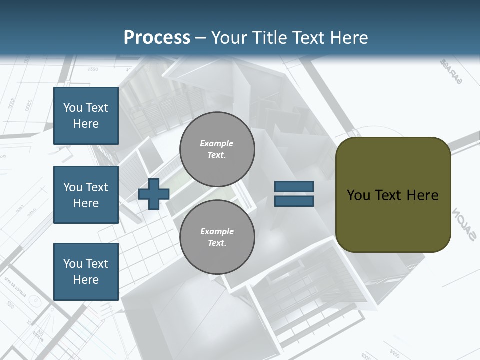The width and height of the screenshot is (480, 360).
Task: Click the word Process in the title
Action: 157,38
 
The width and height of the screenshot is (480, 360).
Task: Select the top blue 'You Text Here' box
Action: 86,116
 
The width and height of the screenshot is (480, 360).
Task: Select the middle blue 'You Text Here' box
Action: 86,195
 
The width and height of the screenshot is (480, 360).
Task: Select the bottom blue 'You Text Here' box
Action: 86,271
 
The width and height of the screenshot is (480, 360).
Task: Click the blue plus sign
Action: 153,194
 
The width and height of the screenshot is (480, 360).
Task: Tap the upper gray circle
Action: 217,149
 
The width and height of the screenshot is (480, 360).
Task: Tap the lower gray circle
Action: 217,237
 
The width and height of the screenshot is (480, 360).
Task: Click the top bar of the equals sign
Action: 294,186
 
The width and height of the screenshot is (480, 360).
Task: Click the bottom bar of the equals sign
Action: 294,201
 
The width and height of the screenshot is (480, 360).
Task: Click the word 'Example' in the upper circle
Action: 216,143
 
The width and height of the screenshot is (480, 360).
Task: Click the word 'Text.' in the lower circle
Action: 217,243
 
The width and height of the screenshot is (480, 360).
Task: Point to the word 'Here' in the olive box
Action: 422,195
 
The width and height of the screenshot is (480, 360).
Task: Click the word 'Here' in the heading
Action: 349,38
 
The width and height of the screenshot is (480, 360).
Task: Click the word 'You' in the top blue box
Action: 73,108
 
